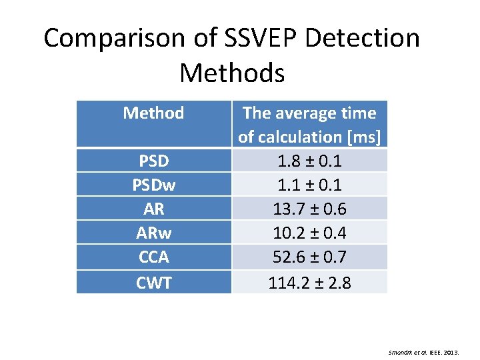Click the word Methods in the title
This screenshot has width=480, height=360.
click(x=232, y=73)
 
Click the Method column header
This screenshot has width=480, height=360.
click(x=153, y=113)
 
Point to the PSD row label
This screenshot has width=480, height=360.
click(x=153, y=161)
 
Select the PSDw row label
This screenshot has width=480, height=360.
click(x=153, y=185)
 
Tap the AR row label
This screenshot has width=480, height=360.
click(x=153, y=209)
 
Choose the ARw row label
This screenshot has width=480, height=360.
click(x=153, y=233)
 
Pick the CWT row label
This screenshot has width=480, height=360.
click(x=153, y=283)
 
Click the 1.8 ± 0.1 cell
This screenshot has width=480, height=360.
click(x=309, y=161)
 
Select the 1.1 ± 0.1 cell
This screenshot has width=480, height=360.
click(x=309, y=185)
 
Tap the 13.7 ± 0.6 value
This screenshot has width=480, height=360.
click(x=309, y=209)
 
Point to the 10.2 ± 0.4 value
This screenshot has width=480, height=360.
click(x=309, y=233)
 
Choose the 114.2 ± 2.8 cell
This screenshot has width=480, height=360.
click(x=309, y=283)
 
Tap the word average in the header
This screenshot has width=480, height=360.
click(x=309, y=113)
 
